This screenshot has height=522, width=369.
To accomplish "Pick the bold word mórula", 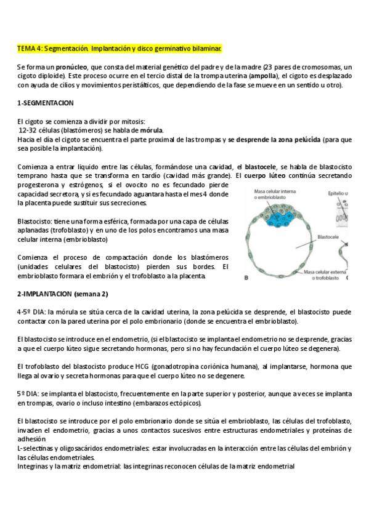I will [153, 130].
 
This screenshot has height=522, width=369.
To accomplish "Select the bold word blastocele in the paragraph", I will [261, 167].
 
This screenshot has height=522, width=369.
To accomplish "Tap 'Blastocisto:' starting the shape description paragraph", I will [36, 222].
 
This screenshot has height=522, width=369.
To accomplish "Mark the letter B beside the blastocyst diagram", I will [246, 278].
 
